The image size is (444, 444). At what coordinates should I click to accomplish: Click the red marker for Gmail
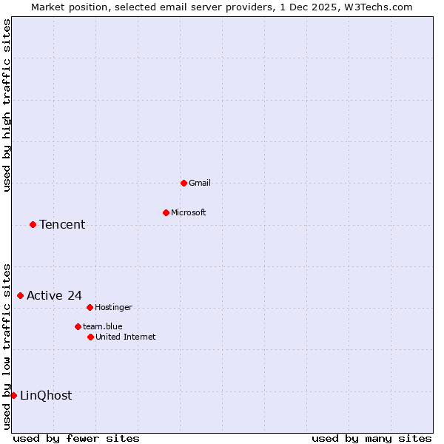(184, 183)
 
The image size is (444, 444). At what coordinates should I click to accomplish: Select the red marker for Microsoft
(166, 212)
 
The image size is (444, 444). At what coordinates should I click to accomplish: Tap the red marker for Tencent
(33, 224)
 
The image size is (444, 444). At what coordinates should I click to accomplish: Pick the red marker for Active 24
(20, 295)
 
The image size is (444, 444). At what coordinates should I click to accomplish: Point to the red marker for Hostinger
(90, 307)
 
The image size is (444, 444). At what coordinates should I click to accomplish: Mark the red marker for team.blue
(78, 326)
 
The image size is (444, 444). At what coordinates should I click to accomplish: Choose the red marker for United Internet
(90, 337)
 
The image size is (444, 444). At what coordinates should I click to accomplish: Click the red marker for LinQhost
(13, 395)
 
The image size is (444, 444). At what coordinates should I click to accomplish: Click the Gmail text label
(200, 183)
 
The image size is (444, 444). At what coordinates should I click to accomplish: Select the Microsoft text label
(189, 212)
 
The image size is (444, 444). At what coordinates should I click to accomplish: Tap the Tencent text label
(62, 224)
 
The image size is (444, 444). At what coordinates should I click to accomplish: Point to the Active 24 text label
(54, 295)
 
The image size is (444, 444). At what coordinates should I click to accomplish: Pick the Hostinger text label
(114, 307)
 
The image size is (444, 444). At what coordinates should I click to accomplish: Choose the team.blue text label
(103, 326)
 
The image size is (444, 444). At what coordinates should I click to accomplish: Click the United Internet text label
(126, 337)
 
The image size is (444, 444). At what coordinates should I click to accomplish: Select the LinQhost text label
(46, 395)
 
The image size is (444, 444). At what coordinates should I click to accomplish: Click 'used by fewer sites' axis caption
(76, 438)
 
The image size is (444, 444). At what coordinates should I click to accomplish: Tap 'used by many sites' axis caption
(371, 438)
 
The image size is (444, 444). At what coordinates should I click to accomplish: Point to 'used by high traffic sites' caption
(7, 105)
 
